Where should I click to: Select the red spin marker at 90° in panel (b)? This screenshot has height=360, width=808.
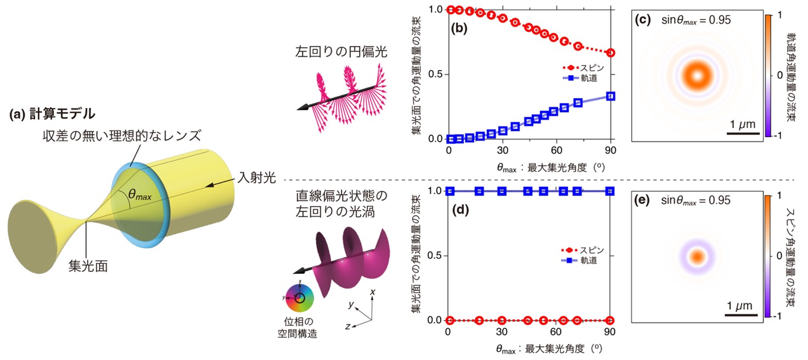(610, 53)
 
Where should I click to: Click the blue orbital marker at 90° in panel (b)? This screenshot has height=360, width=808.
(610, 96)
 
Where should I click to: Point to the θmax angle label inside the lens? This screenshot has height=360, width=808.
(140, 194)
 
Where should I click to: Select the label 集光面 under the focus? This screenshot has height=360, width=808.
(87, 266)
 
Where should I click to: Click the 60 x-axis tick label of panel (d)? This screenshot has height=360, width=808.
(557, 332)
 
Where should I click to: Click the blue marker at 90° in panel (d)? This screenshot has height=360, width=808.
(610, 191)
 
